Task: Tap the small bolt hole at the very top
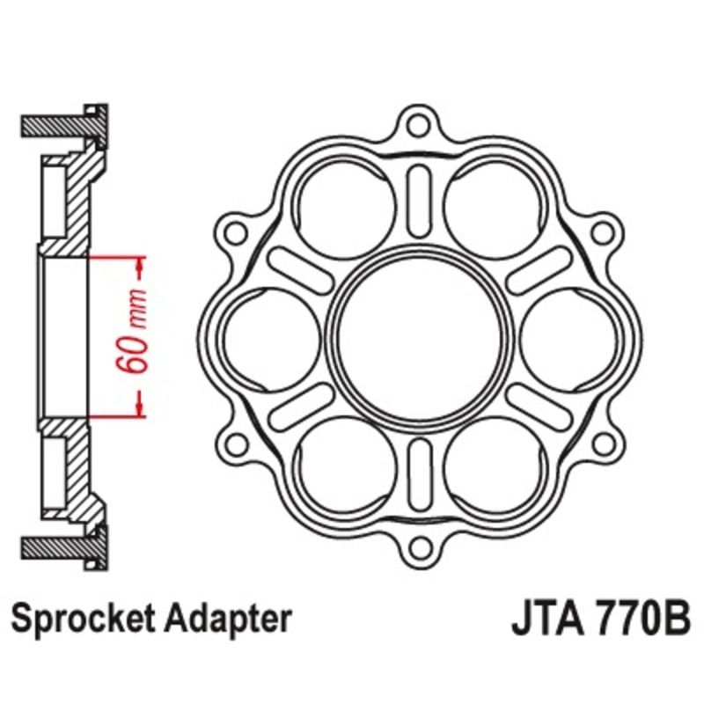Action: pos(421,125)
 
